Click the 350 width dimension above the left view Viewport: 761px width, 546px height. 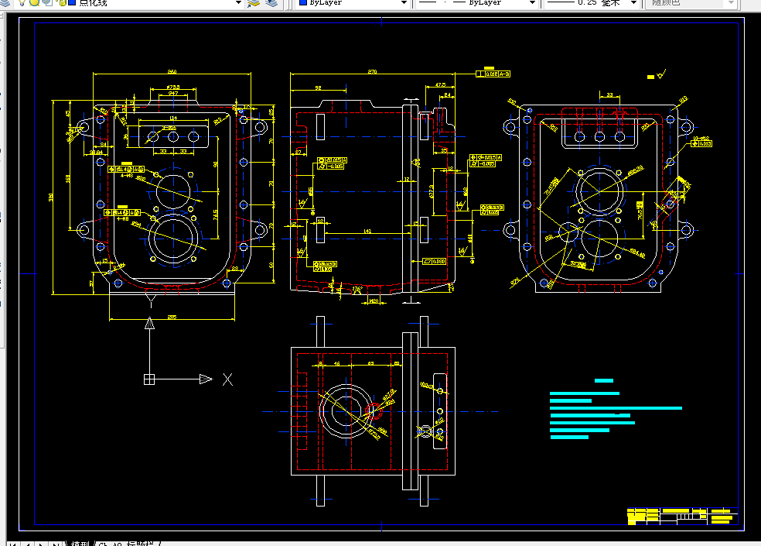171,72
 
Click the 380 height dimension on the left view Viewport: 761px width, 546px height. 52,197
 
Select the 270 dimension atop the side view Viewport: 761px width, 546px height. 372,72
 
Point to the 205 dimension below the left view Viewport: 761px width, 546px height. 172,317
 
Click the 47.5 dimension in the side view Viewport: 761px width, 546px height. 440,84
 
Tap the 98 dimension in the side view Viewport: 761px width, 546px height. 318,88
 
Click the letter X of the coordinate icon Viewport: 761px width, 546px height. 227,379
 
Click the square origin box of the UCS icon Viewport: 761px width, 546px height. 149,379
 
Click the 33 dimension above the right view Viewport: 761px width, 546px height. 609,95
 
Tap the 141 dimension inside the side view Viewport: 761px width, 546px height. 367,232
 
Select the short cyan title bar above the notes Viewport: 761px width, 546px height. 604,380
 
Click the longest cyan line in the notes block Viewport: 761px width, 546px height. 616,407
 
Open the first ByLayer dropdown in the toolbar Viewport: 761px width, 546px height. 353,3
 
